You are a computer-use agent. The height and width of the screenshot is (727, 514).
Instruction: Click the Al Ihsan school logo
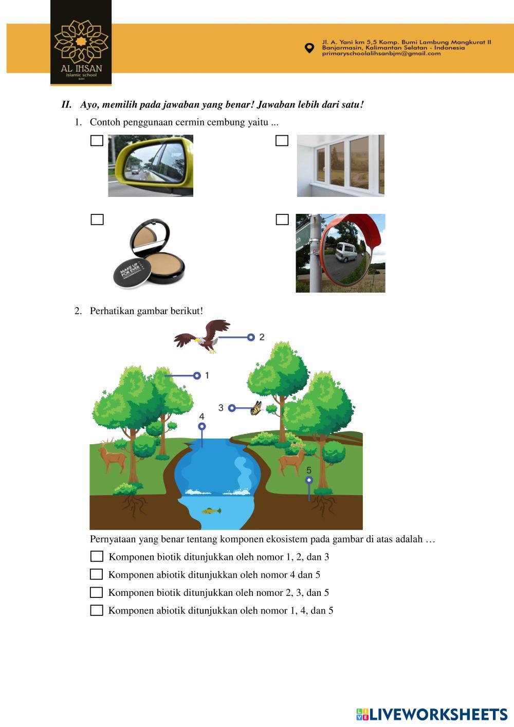click(x=81, y=43)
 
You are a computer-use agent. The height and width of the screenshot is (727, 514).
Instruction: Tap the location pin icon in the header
click(x=309, y=48)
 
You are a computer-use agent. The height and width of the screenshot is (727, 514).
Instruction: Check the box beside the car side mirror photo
click(x=97, y=141)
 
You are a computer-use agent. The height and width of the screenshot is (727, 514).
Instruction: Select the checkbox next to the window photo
click(x=282, y=140)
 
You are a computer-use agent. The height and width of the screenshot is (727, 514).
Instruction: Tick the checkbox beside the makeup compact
click(x=97, y=220)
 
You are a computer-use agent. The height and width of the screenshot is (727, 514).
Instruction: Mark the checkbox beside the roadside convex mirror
click(x=282, y=220)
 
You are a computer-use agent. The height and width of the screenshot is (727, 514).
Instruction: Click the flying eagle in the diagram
click(x=202, y=336)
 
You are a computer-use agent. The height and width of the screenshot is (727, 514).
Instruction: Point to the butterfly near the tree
click(x=256, y=408)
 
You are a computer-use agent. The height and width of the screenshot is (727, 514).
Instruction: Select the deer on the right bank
click(x=292, y=458)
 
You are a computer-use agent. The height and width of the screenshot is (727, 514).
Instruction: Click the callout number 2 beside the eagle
click(x=262, y=337)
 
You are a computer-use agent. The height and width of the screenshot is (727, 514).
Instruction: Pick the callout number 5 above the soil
click(x=309, y=470)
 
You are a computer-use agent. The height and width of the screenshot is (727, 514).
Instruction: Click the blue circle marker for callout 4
click(x=202, y=426)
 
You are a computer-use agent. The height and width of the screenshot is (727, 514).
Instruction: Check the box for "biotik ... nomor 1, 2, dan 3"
click(x=97, y=556)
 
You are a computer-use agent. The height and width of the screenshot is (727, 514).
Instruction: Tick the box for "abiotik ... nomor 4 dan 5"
click(x=97, y=574)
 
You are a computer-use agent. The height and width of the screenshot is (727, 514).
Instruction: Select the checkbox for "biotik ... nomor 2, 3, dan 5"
click(x=97, y=592)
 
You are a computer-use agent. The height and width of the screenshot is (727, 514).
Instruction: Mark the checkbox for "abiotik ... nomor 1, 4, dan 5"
click(x=97, y=610)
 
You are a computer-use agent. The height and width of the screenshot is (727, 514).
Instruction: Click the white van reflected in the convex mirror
click(x=346, y=252)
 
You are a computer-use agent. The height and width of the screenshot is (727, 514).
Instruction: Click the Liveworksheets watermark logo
click(x=432, y=715)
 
